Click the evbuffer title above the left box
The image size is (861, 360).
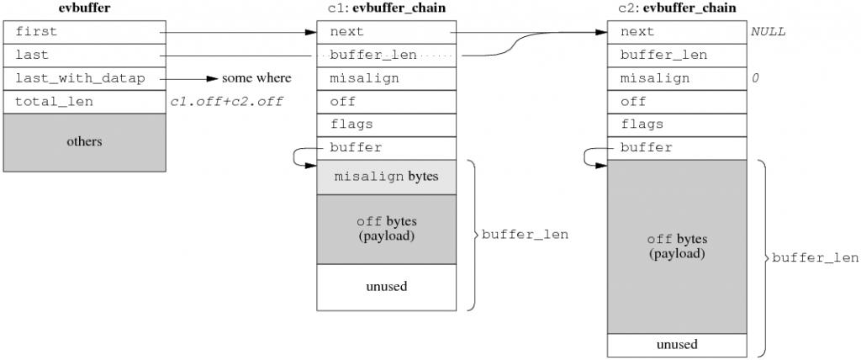point(85,8)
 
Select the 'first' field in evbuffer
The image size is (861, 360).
point(85,32)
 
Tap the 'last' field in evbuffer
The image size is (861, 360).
point(85,55)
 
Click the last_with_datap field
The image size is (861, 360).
point(85,78)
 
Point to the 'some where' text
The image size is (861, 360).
point(256,78)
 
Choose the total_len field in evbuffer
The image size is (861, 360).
point(85,102)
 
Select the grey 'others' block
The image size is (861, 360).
point(85,142)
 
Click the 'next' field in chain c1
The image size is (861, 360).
point(386,32)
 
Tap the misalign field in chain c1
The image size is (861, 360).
point(386,78)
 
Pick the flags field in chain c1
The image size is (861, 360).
point(386,124)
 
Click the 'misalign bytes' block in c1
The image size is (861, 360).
point(386,177)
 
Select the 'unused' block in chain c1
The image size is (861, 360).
point(386,287)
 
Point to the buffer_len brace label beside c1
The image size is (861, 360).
point(525,235)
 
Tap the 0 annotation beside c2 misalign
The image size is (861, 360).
point(755,78)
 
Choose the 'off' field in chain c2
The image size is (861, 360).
point(676,102)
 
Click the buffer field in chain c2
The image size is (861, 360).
point(676,148)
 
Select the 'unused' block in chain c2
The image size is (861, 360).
point(676,345)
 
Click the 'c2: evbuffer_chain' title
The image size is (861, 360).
point(676,8)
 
